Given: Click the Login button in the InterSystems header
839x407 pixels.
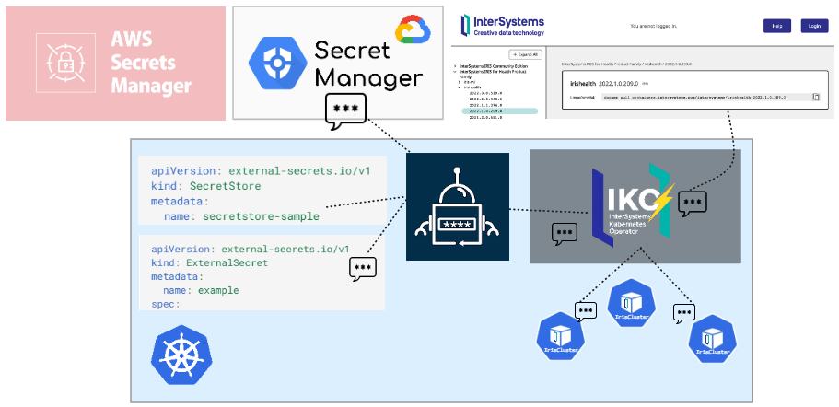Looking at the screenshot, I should pyautogui.click(x=814, y=26).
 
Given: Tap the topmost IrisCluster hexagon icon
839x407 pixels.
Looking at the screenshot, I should pyautogui.click(x=631, y=304).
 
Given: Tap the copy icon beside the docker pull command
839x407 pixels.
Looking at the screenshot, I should pyautogui.click(x=816, y=96).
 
